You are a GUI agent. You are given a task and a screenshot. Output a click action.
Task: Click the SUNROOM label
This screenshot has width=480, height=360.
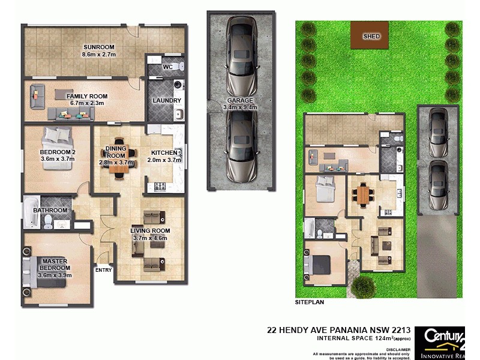click(99, 47)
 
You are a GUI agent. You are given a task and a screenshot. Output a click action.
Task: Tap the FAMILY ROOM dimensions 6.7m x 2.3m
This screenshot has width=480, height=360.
click(87, 103)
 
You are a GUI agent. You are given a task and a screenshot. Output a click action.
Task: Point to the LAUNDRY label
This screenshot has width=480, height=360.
click(163, 100)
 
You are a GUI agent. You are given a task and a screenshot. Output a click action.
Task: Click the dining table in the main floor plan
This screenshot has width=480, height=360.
click(118, 160)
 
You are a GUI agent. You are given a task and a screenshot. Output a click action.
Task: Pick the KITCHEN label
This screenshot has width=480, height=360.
click(164, 153)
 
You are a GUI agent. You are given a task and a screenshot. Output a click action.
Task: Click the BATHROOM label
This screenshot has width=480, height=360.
click(50, 211)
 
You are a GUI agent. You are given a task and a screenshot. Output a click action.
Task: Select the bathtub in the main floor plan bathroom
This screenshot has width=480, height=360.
click(31, 214)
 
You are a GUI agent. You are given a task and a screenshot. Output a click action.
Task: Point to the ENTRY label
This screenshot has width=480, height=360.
click(103, 270)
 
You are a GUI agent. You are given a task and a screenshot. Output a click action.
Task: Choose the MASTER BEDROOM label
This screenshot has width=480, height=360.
click(55, 264)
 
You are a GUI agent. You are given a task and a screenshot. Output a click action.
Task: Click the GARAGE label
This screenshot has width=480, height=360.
click(239, 101)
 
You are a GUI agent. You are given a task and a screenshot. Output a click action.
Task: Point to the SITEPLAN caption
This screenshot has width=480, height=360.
click(310, 303)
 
